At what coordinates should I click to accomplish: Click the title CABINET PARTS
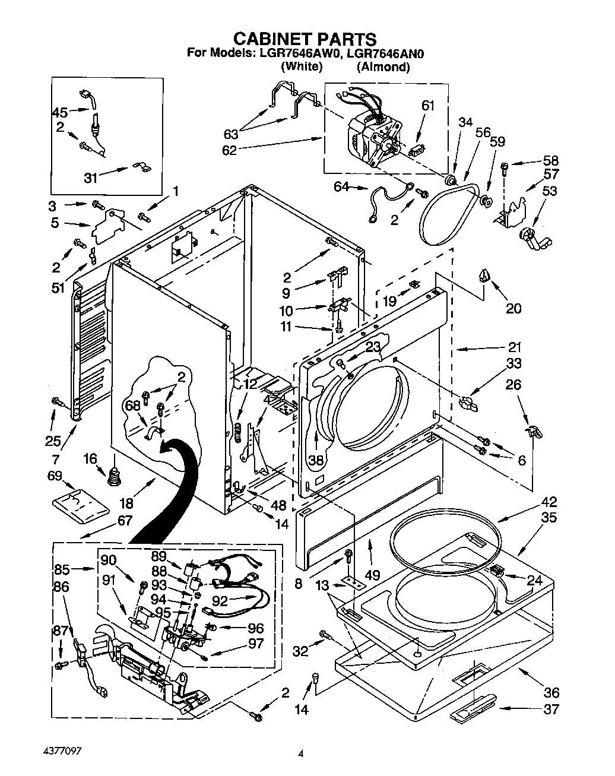pos(305,39)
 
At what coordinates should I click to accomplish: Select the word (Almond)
pos(383,67)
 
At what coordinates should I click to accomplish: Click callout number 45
pos(60,112)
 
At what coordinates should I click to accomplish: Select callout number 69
pos(55,476)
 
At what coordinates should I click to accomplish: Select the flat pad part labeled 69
pos(80,503)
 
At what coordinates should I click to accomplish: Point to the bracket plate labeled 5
pos(109,226)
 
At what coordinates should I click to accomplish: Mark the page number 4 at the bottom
pos(300,755)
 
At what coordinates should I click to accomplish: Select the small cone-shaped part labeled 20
pos(486,275)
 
